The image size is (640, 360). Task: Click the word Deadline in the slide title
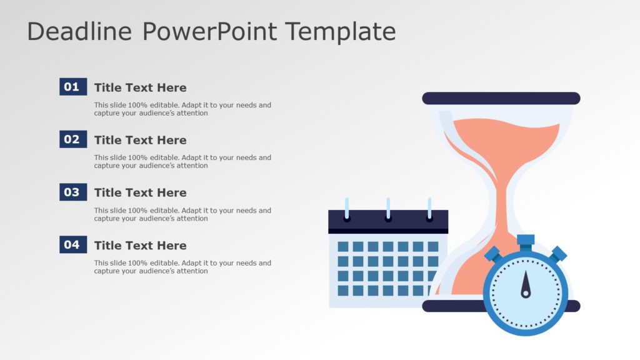point(79,31)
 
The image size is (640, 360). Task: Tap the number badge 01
point(72,87)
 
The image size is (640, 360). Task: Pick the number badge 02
point(72,139)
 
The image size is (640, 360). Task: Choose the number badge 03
point(72,192)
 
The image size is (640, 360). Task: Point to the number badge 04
point(72,245)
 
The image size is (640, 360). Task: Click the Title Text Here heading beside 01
point(140,87)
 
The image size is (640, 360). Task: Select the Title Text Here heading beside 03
point(140,192)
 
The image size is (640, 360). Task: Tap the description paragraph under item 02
point(182,162)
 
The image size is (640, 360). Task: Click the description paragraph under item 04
point(182,267)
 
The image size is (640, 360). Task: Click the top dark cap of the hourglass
point(501,98)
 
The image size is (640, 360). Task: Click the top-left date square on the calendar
point(343,246)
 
